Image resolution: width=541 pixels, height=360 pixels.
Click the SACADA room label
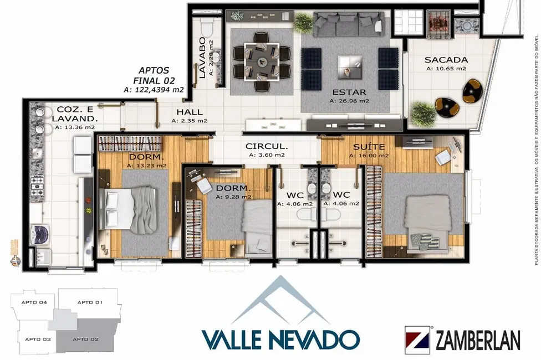(x=446, y=60)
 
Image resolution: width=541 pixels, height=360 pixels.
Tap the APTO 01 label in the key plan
(x=90, y=302)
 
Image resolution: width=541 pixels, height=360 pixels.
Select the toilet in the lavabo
(x=205, y=27)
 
